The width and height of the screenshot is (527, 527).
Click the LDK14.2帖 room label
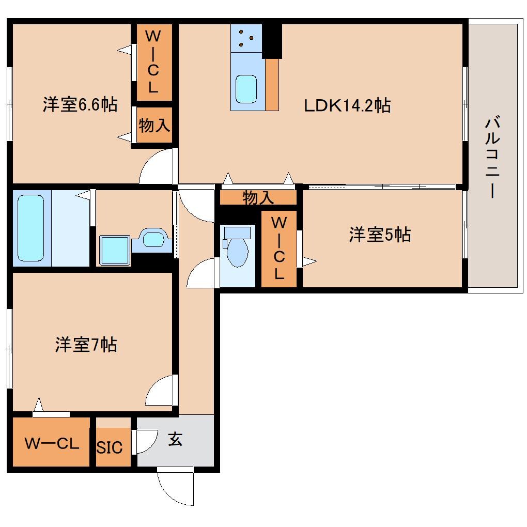coord(346,105)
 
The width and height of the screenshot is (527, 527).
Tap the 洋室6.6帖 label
coord(80,105)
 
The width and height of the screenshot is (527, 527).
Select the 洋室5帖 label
coord(380,235)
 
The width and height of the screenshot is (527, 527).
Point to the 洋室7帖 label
coord(86,344)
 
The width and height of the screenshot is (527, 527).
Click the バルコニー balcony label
coord(491,157)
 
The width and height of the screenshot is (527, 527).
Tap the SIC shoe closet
coord(110,447)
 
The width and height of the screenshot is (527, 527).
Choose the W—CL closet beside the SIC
coord(51,443)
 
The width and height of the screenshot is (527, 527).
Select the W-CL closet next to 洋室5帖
coord(278,248)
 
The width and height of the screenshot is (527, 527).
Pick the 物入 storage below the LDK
coord(258,197)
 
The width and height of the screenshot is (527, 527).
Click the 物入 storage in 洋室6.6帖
coord(154,126)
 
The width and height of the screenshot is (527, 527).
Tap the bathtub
coord(31,227)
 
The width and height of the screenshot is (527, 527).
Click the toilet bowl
coord(238,251)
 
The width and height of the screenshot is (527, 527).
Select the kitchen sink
coord(246,89)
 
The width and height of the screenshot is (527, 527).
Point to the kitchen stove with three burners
coord(246,38)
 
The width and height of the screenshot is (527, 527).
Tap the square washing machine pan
coord(114,250)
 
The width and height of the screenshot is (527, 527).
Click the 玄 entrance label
coord(176,440)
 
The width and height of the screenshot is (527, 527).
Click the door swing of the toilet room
coord(200,273)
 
